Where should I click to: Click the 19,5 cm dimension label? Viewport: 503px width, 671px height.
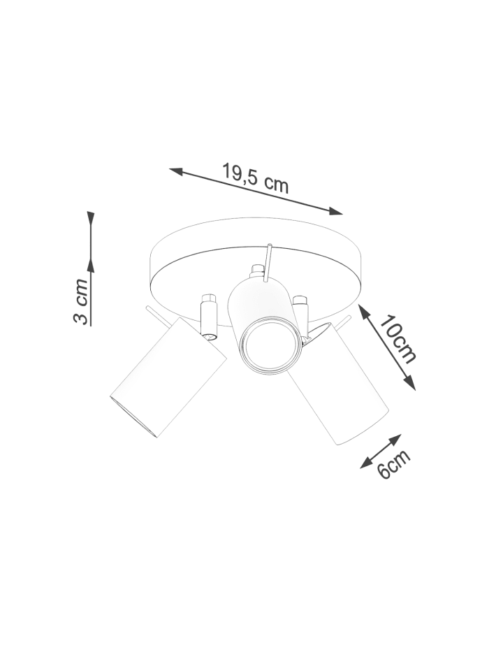coord(256,178)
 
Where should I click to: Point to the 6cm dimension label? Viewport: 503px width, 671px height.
coord(394,463)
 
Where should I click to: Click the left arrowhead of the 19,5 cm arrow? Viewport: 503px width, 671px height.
coord(176,172)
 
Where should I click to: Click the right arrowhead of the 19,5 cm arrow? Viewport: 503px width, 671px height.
coord(335,210)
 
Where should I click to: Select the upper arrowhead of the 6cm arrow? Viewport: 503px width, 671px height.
coord(395,439)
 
